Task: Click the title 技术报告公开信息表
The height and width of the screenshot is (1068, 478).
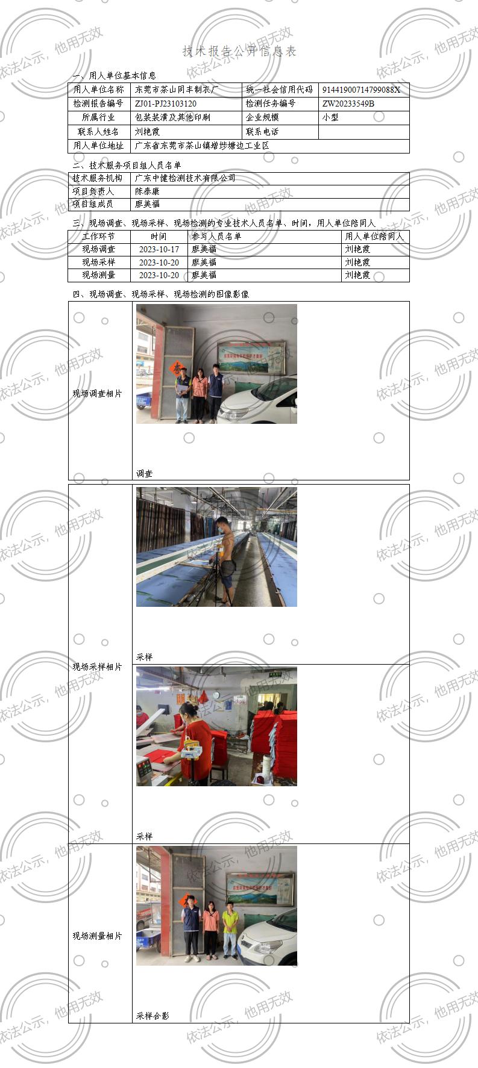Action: (x=239, y=52)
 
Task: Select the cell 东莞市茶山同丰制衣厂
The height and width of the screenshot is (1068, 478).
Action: (x=177, y=90)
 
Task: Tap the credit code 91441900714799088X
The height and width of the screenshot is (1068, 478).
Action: (x=361, y=90)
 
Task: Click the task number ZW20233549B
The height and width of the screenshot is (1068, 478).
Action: (x=348, y=104)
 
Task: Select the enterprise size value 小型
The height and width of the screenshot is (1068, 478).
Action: (x=330, y=117)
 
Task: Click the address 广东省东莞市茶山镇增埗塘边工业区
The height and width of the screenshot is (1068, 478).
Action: (x=201, y=146)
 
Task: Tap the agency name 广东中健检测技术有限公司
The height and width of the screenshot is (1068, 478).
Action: (x=185, y=178)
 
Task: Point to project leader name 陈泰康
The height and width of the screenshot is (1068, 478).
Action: (x=147, y=191)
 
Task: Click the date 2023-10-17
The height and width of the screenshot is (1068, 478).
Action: (x=159, y=249)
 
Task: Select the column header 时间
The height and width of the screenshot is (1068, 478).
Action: (x=159, y=237)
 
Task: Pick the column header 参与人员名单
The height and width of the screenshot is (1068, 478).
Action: (x=216, y=237)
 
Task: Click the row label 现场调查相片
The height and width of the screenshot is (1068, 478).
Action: (x=97, y=394)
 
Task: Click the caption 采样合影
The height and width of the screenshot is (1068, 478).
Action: (x=153, y=1016)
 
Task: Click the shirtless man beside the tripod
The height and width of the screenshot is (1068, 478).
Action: (x=226, y=557)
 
